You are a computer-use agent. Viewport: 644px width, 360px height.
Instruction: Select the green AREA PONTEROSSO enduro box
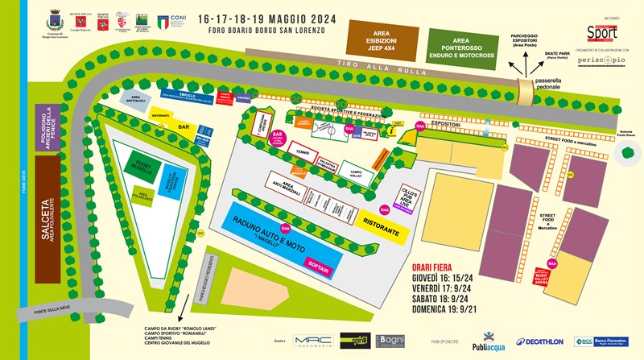(460, 45)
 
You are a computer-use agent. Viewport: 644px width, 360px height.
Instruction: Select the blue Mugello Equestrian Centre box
(171, 178)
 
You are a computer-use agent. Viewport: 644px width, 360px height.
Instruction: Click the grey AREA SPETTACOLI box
(134, 99)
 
